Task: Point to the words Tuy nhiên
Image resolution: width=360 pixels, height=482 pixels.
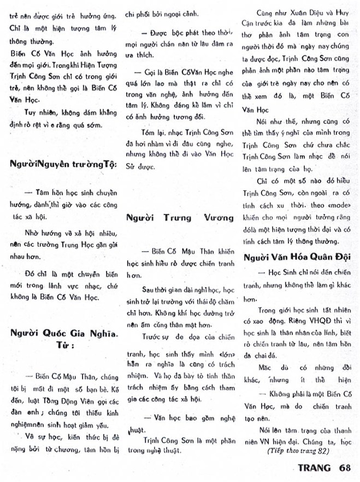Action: pos(32,112)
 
